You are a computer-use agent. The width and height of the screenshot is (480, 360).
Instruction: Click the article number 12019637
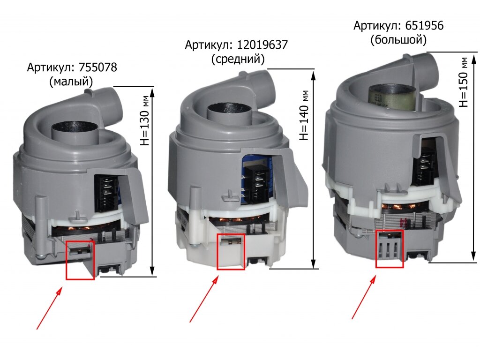point(262,45)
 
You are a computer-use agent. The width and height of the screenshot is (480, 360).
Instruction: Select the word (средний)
point(238,60)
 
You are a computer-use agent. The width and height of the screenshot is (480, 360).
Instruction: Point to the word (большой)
point(398,40)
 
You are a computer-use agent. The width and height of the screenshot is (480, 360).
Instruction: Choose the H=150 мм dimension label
point(464,82)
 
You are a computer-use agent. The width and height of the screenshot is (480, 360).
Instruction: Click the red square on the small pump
point(80,260)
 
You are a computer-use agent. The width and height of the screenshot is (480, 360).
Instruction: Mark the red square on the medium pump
point(231,252)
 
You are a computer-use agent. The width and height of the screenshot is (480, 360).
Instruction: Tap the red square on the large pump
point(390,249)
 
